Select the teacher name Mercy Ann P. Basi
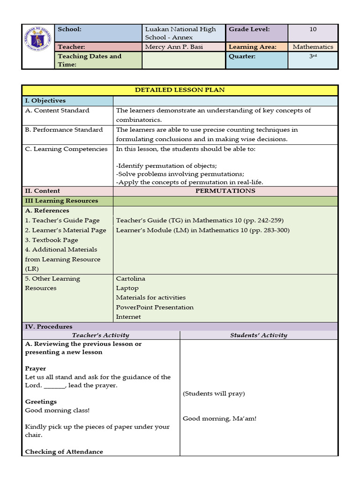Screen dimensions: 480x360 point(174,47)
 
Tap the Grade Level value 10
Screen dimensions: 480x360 point(313,29)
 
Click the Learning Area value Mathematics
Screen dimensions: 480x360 point(313,47)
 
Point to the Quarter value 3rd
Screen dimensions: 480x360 point(313,56)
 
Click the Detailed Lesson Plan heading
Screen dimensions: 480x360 point(180,90)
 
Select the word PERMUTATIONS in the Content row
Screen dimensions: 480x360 point(225,191)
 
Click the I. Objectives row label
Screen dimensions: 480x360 point(45,100)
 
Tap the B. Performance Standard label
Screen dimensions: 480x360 point(64,129)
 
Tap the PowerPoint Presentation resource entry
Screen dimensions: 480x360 point(155,307)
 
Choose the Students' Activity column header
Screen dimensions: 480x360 point(259,335)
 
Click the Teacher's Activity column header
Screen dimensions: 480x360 point(100,335)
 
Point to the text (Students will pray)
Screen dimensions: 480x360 point(214,393)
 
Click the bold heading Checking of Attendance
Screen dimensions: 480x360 point(64,452)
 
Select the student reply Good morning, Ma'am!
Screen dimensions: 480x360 point(219,418)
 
